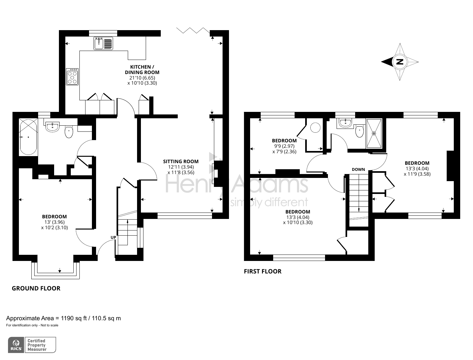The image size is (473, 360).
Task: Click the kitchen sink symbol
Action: click(x=103, y=43)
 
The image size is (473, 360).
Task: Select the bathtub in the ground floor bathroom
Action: click(x=28, y=137)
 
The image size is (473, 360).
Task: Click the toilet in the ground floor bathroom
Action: click(x=69, y=132)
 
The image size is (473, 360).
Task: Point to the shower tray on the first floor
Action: click(x=374, y=133)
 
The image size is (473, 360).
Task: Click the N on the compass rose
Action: click(x=399, y=62)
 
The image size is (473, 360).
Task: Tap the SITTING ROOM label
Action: click(x=181, y=162)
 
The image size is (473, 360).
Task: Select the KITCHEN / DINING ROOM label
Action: click(x=142, y=70)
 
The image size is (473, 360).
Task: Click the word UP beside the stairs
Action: click(x=113, y=237)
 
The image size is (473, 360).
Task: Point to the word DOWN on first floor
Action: click(x=358, y=169)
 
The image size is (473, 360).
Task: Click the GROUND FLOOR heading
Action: click(x=36, y=288)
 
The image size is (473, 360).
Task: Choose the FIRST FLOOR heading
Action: click(x=263, y=271)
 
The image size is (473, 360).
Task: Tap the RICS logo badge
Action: click(x=16, y=345)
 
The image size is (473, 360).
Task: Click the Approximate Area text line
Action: click(x=63, y=318)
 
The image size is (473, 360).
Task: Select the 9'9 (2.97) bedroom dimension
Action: click(x=284, y=146)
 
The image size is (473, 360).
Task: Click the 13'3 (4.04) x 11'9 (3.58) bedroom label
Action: click(x=417, y=169)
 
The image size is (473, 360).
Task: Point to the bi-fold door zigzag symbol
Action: click(x=193, y=31)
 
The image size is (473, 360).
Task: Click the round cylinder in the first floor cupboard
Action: click(x=315, y=128)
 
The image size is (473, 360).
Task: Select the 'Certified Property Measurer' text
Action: click(x=37, y=345)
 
